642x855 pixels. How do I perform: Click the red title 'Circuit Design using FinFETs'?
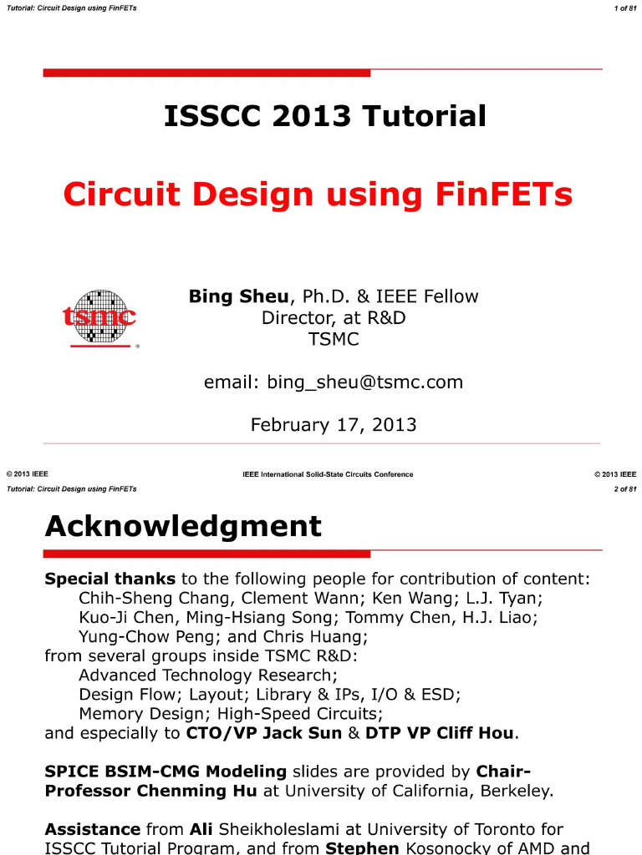318,195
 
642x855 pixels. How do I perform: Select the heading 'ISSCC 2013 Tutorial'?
325,116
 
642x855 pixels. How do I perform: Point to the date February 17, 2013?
333,425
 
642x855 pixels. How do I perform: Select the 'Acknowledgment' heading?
182,526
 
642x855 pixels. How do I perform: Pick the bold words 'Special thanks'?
110,579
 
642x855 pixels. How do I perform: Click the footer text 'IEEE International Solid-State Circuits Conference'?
328,474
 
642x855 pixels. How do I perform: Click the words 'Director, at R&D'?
333,318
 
